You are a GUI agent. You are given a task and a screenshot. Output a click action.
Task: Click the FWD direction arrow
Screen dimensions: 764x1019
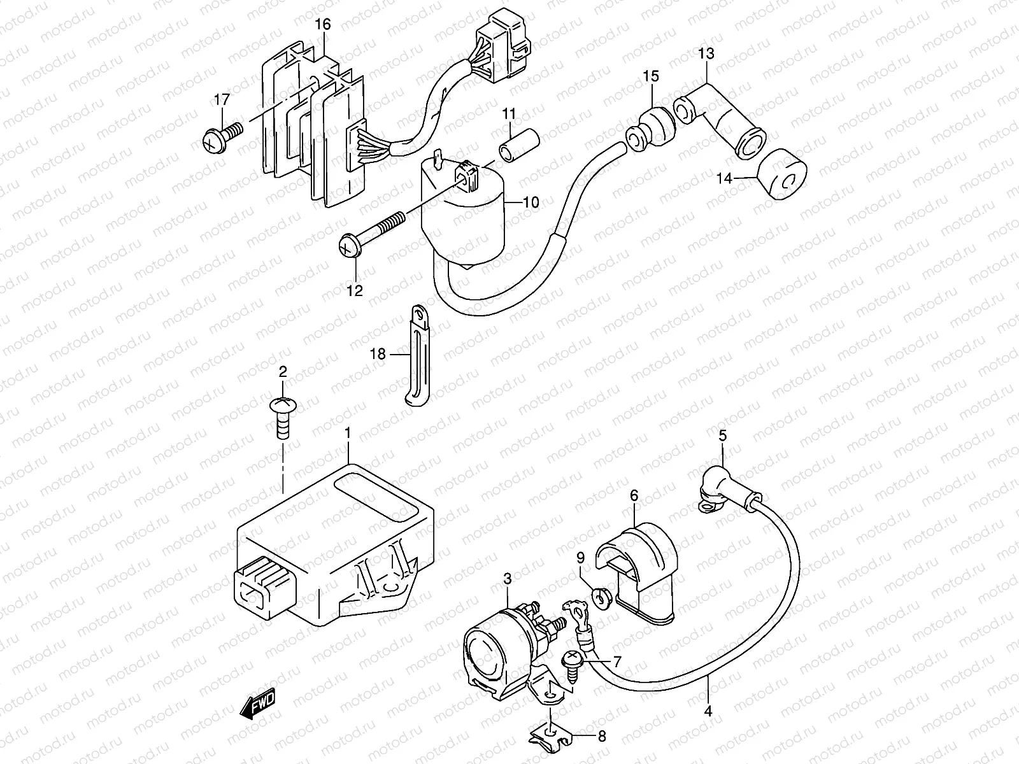(x=257, y=705)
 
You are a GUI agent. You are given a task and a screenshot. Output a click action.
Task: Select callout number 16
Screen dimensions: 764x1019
(x=323, y=25)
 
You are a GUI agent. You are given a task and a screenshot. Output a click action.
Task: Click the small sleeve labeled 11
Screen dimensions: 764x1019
(x=520, y=145)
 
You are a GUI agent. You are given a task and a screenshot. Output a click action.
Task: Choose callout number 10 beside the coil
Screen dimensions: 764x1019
(x=531, y=202)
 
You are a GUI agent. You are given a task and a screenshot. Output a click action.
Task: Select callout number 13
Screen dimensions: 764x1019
(x=706, y=53)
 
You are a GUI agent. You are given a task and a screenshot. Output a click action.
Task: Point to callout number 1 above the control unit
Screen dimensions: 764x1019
(x=348, y=434)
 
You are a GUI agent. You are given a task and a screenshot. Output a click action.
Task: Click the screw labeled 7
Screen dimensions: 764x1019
(x=573, y=663)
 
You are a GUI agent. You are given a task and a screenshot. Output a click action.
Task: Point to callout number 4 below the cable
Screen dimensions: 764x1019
(x=708, y=711)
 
